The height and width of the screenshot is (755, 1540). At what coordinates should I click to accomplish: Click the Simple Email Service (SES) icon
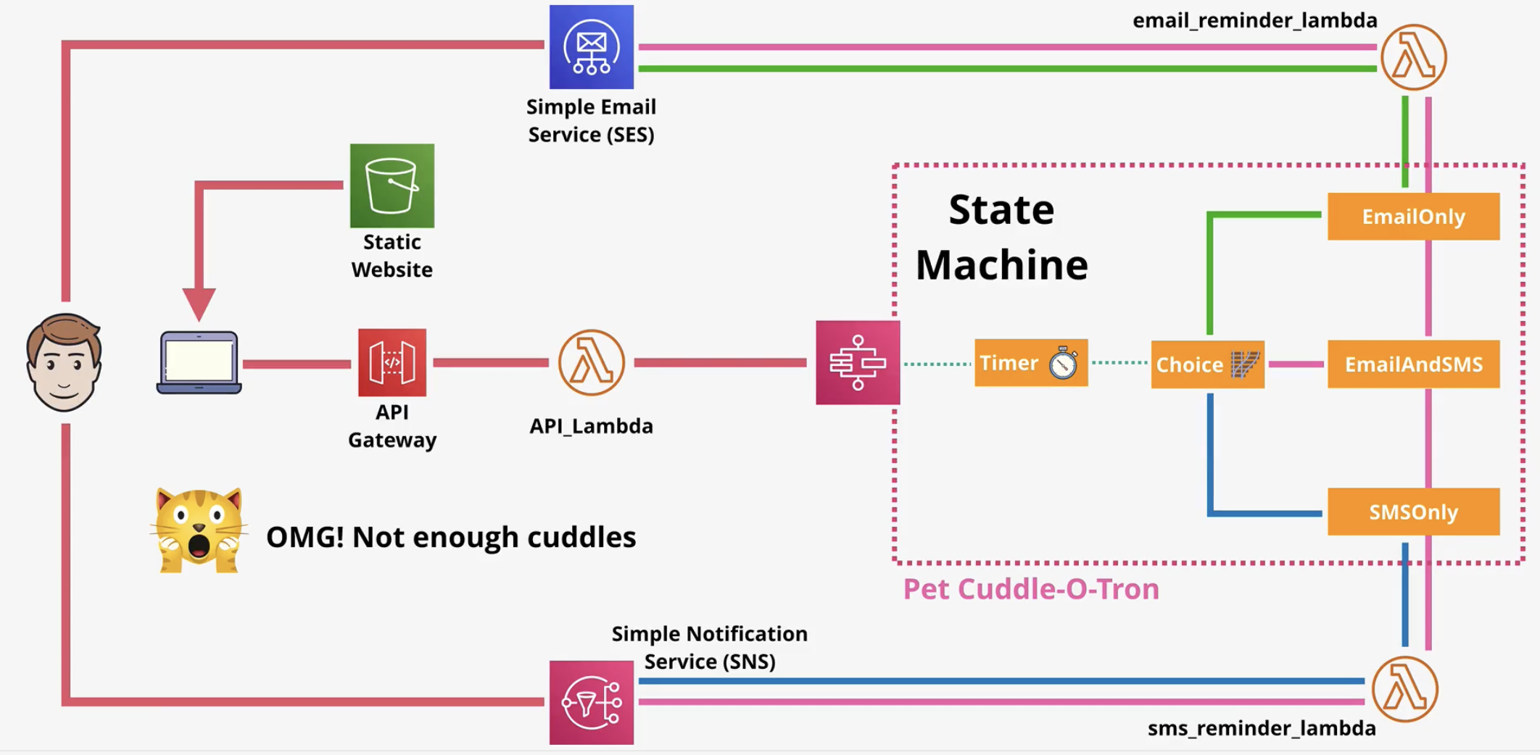pyautogui.click(x=591, y=47)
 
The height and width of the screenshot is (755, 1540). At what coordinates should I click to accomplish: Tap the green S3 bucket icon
pyautogui.click(x=392, y=185)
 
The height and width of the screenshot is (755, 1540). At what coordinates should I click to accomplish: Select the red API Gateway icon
pyautogui.click(x=392, y=362)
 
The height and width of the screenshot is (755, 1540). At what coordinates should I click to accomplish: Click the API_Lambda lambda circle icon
pyautogui.click(x=591, y=362)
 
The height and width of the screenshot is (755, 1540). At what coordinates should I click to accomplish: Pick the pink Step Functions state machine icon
pyautogui.click(x=858, y=362)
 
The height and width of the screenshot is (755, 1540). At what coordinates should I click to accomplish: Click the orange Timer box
pyautogui.click(x=1030, y=362)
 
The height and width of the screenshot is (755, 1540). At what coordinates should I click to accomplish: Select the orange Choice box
pyautogui.click(x=1207, y=364)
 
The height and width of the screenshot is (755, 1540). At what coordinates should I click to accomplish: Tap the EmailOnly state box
pyautogui.click(x=1413, y=216)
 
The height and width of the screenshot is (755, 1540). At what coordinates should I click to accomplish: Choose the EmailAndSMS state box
pyautogui.click(x=1413, y=364)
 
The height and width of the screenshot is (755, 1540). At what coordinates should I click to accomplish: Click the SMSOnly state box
pyautogui.click(x=1413, y=512)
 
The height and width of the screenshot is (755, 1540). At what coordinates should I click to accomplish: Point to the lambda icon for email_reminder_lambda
pyautogui.click(x=1413, y=57)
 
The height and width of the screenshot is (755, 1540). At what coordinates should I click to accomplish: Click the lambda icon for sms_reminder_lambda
pyautogui.click(x=1404, y=689)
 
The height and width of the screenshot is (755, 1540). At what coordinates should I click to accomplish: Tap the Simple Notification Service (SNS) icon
pyautogui.click(x=591, y=702)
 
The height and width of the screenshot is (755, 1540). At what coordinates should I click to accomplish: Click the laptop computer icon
pyautogui.click(x=199, y=362)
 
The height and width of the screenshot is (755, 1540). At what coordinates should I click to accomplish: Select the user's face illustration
pyautogui.click(x=64, y=362)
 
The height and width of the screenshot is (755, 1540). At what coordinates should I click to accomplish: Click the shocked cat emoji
pyautogui.click(x=199, y=530)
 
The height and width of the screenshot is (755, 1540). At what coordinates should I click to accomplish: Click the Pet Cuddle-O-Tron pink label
pyautogui.click(x=1030, y=589)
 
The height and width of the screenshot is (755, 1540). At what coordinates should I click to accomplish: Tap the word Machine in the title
pyautogui.click(x=1001, y=264)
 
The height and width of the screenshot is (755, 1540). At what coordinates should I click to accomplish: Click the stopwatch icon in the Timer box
pyautogui.click(x=1063, y=363)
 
